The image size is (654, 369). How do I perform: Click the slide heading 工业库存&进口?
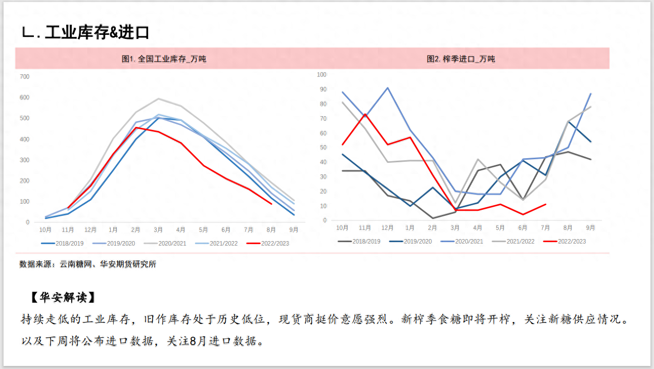point(96,33)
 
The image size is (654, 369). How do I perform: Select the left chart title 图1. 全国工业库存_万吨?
point(164,59)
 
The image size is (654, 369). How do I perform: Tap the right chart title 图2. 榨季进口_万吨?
point(461,59)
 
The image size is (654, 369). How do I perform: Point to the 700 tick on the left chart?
point(24,76)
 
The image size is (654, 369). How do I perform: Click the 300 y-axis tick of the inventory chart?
point(24,160)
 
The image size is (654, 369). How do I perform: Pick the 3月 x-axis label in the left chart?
point(158,230)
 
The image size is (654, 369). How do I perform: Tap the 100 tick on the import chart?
point(321,74)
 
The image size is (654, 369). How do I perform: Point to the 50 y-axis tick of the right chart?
point(323,148)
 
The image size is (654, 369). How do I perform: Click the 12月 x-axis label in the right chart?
point(387,228)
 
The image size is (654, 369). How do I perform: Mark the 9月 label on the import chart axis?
point(590,228)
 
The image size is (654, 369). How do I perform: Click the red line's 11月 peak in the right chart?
point(365,114)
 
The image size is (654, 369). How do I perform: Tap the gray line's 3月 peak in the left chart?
point(158,99)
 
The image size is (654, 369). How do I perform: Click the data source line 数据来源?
point(88,264)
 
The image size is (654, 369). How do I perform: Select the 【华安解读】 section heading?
point(63,297)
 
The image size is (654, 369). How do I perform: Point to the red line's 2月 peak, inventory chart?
point(136,127)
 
